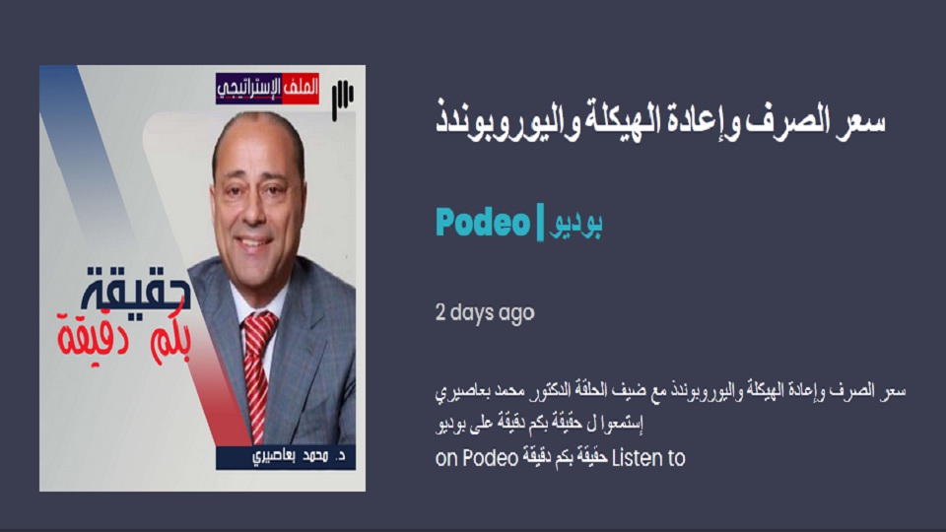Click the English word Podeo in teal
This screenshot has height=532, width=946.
coord(483,222)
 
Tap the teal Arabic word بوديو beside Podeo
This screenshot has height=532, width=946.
coord(574,224)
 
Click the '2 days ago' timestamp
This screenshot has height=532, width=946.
coord(485,312)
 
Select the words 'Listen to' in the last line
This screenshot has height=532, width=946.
coord(648,458)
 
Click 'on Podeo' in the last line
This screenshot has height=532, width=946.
coord(477,458)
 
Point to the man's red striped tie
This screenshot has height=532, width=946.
coord(257,374)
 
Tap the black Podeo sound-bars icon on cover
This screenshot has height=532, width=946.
coord(342,99)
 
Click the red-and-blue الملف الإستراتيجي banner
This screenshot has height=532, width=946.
coord(267,88)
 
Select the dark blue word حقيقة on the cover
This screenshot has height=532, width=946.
coord(136,288)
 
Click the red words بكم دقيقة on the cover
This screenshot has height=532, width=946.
coord(124,338)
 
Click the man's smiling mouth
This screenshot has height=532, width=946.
coord(254,243)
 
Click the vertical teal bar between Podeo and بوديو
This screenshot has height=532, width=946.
coord(540,223)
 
